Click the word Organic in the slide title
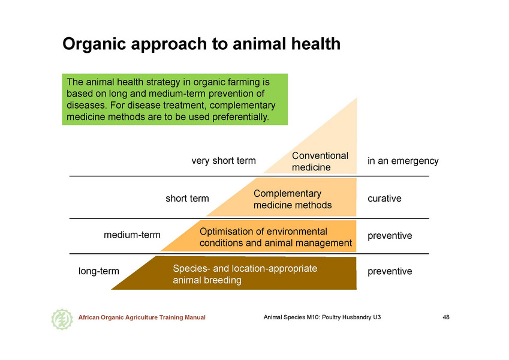click(x=94, y=44)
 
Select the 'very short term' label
click(x=224, y=161)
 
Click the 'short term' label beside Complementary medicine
click(x=187, y=198)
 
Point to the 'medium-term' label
click(x=132, y=235)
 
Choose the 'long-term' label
click(x=99, y=271)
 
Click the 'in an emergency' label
click(x=403, y=161)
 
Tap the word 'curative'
click(x=384, y=198)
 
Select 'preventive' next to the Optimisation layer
click(x=390, y=236)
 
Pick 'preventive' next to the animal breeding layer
click(x=390, y=271)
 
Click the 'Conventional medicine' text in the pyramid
click(x=320, y=161)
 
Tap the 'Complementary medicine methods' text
click(x=293, y=199)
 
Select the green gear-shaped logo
click(x=62, y=319)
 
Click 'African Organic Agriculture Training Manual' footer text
click(x=142, y=317)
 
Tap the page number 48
click(x=446, y=317)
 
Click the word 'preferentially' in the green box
click(x=240, y=117)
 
